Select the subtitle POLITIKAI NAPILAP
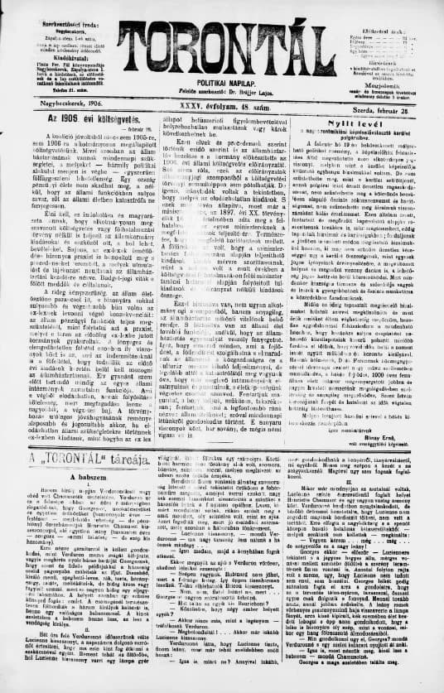click(223, 79)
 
